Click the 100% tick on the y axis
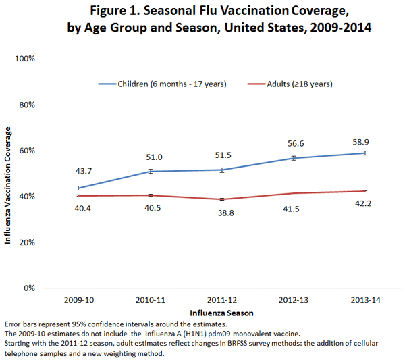coord(25,59)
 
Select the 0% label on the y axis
coord(30,288)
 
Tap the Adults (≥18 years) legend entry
coord(292,84)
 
